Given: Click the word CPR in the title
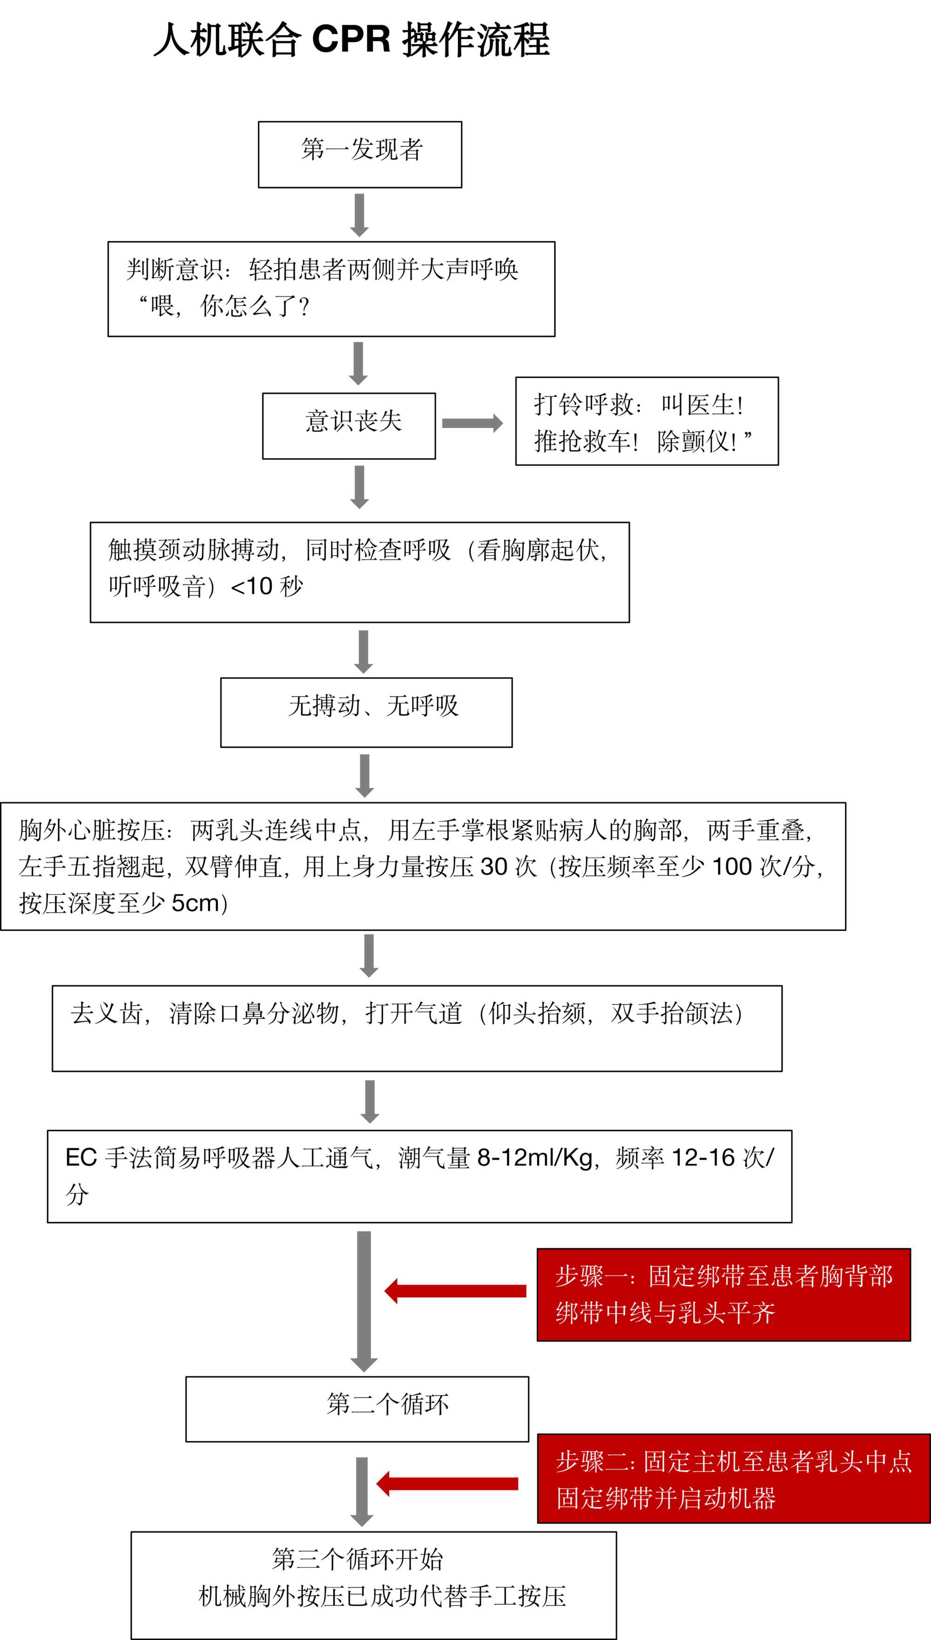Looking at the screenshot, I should [351, 40].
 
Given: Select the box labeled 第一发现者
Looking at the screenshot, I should [360, 154].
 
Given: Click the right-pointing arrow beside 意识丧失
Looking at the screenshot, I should [472, 423].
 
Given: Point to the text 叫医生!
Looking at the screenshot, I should [702, 404].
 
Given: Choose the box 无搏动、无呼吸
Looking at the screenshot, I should [366, 712].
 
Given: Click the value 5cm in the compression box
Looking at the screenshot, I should [195, 903].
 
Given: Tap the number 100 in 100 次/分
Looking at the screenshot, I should [731, 866].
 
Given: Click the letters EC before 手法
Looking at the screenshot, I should [81, 1157].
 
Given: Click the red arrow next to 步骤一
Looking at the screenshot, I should [455, 1291].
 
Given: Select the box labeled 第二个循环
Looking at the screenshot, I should [357, 1409].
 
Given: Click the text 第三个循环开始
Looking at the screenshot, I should [358, 1559].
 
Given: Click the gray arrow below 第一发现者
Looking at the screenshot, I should [359, 215].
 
